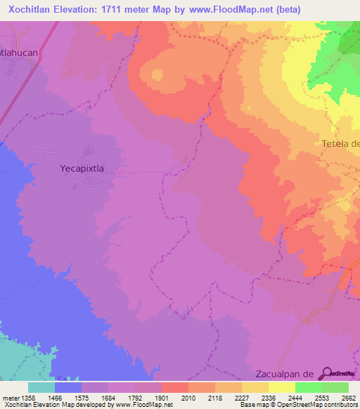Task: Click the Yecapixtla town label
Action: pos(85,169)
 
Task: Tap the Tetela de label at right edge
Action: pos(341,143)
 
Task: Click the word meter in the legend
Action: pos(11,399)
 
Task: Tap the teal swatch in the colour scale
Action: pos(41,387)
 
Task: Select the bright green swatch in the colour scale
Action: pos(309,387)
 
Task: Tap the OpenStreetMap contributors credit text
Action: pos(309,405)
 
